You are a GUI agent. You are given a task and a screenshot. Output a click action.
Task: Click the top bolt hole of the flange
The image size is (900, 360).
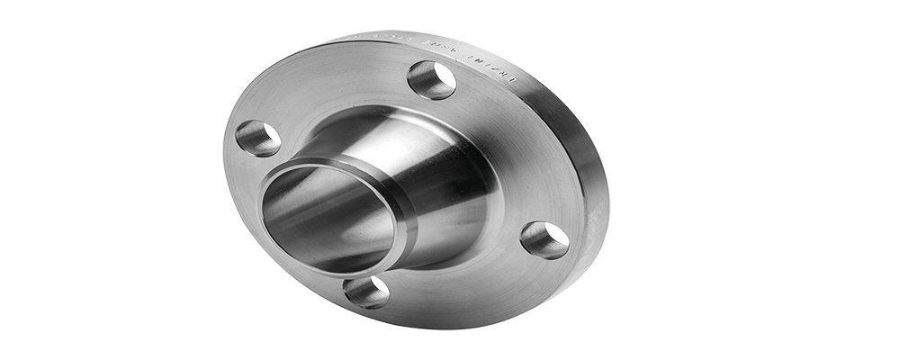[x=431, y=80]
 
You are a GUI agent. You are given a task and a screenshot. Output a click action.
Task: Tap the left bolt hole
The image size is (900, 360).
[x=257, y=138]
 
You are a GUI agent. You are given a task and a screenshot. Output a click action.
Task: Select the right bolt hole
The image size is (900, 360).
[x=544, y=240]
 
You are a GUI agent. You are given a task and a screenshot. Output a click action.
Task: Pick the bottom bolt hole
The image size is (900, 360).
[x=366, y=292]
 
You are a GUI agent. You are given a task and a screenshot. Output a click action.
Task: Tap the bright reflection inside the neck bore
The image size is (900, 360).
[x=297, y=211]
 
